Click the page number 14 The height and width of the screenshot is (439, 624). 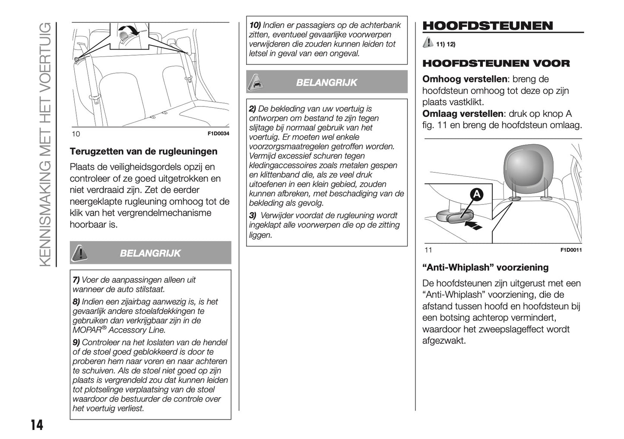coord(37,425)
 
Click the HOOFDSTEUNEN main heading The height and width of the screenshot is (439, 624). coord(488,26)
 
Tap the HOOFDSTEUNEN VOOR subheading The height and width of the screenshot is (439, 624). coord(496,63)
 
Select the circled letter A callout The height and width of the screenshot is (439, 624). coord(477,194)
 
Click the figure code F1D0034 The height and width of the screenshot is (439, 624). coord(218,134)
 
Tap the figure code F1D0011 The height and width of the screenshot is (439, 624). coord(571,250)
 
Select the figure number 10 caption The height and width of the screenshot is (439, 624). coord(76,134)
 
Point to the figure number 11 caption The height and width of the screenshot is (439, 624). coord(428,250)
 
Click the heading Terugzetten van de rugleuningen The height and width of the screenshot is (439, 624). coord(143,151)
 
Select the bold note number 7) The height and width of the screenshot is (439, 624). coord(76,280)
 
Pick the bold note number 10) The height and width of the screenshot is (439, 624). coord(255,25)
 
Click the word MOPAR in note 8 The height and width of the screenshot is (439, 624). coord(86,330)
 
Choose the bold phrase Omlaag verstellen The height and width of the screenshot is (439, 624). coord(462,114)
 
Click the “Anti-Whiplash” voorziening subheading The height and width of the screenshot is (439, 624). coord(485,267)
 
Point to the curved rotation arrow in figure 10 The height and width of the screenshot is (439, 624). coord(128,31)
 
